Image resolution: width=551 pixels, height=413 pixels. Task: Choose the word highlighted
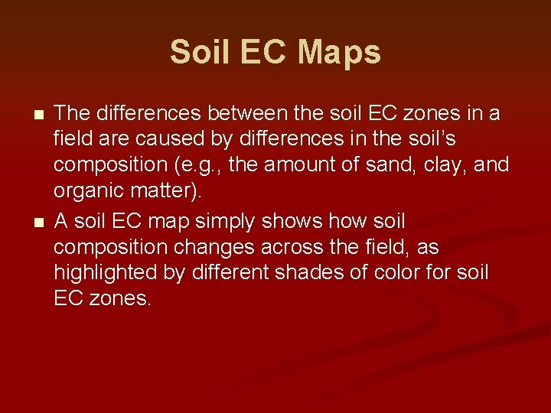click(x=107, y=273)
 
